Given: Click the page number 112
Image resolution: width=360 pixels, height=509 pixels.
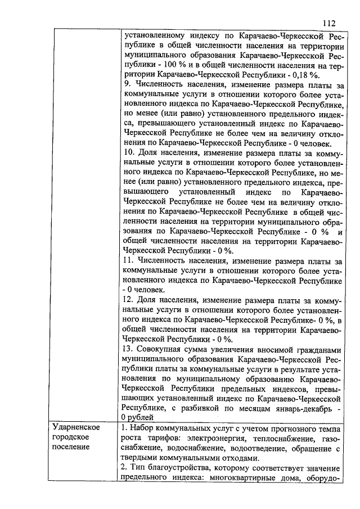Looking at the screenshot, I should point(330,23).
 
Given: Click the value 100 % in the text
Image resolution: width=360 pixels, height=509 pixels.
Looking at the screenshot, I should point(169,65).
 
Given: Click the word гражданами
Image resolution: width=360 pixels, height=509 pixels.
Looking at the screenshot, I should point(317,349).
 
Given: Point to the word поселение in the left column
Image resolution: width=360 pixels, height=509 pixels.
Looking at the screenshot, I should point(71,447).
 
